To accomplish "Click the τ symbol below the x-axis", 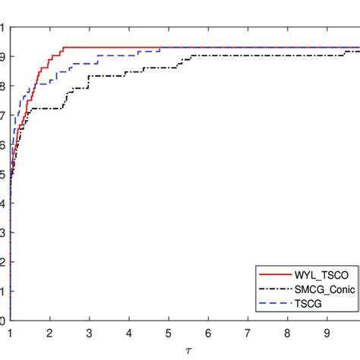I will coord(179,349).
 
